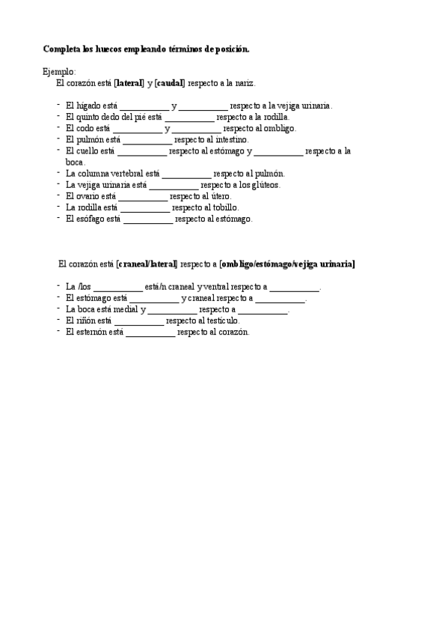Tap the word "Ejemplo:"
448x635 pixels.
tap(59, 71)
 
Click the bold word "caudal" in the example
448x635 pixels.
tap(169, 82)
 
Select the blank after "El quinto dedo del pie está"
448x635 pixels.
tap(189, 118)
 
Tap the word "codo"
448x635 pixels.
tap(85, 128)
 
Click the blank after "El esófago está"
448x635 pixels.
tap(147, 219)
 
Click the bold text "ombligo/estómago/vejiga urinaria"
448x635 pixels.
tap(287, 264)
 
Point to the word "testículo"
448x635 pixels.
tap(218, 320)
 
